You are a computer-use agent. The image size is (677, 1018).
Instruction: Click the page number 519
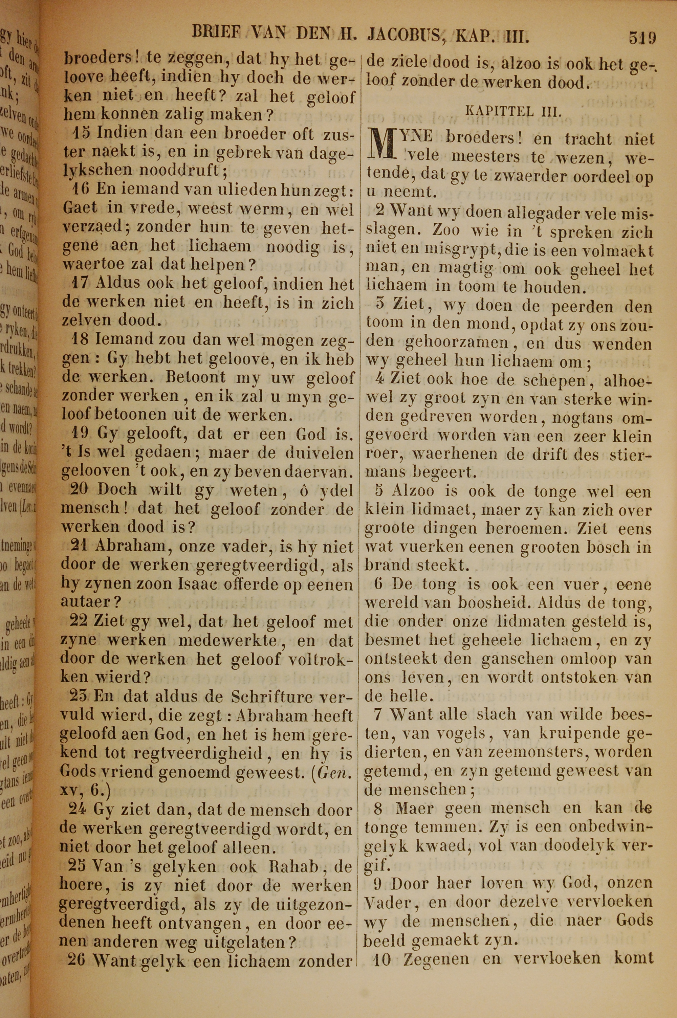pyautogui.click(x=642, y=38)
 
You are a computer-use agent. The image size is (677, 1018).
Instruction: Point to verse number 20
pyautogui.click(x=80, y=489)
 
